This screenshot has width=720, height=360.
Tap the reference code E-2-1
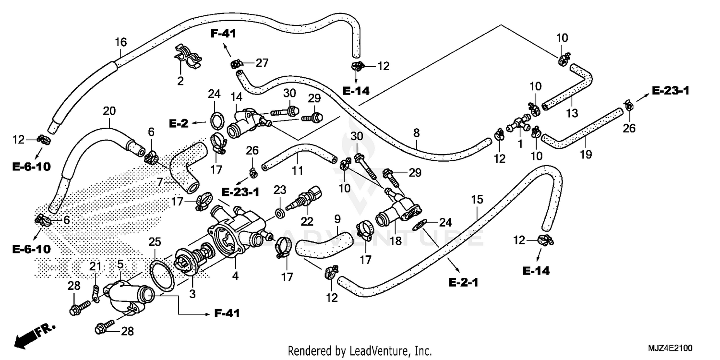pyautogui.click(x=463, y=283)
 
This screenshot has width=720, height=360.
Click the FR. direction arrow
pyautogui.click(x=34, y=335)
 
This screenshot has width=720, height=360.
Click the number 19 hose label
pyautogui.click(x=585, y=154)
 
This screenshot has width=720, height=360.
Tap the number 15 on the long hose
pyautogui.click(x=477, y=199)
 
